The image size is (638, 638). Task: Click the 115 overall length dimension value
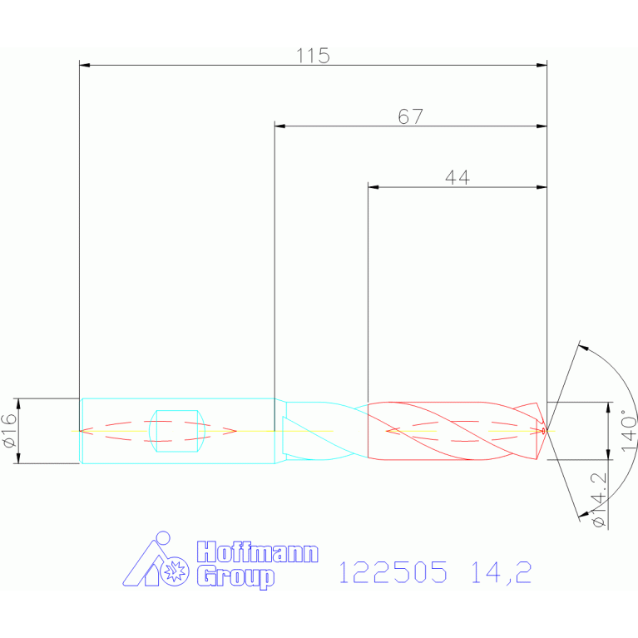[x=313, y=56]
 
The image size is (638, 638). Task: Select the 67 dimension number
[x=411, y=116]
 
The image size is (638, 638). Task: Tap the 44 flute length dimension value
[x=457, y=178]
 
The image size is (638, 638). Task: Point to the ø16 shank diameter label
[x=9, y=431]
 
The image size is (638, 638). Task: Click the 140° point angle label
[x=629, y=430]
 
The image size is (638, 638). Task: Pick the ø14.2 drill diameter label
[x=599, y=500]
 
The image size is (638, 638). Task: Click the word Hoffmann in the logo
[x=258, y=551]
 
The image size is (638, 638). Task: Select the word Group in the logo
[x=235, y=577]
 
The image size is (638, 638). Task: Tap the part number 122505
[x=393, y=571]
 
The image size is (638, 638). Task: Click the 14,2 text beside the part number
[x=501, y=572]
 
